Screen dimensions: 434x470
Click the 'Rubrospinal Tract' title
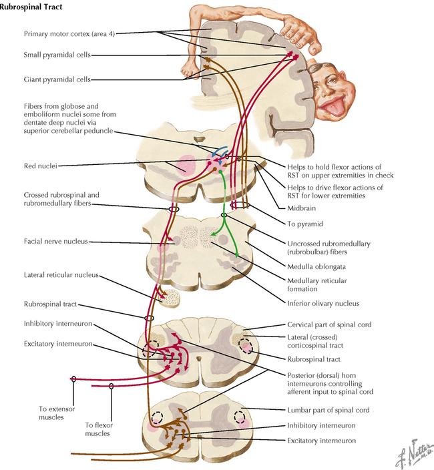pyautogui.click(x=31, y=7)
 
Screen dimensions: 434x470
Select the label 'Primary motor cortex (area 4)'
pyautogui.click(x=69, y=33)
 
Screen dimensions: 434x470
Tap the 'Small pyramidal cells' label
pyautogui.click(x=57, y=55)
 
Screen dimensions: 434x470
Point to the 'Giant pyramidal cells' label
pyautogui.click(x=57, y=79)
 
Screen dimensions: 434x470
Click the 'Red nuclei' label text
pyautogui.click(x=41, y=166)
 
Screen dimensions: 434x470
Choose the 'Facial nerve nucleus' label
pyautogui.click(x=55, y=241)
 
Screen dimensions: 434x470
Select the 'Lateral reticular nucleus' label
pyautogui.click(x=61, y=275)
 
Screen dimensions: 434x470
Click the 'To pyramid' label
pyautogui.click(x=305, y=224)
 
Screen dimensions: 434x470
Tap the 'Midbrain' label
pyautogui.click(x=301, y=208)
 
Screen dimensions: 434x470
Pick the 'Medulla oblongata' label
pyautogui.click(x=316, y=266)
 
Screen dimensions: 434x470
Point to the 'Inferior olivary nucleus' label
pyautogui.click(x=323, y=303)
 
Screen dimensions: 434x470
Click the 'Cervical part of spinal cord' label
pyautogui.click(x=329, y=324)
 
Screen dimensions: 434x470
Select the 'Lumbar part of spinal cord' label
pyautogui.click(x=329, y=410)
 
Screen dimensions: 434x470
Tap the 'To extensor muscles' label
pyautogui.click(x=57, y=413)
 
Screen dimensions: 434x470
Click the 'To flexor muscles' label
pyautogui.click(x=99, y=429)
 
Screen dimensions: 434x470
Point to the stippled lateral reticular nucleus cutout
pyautogui.click(x=171, y=298)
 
